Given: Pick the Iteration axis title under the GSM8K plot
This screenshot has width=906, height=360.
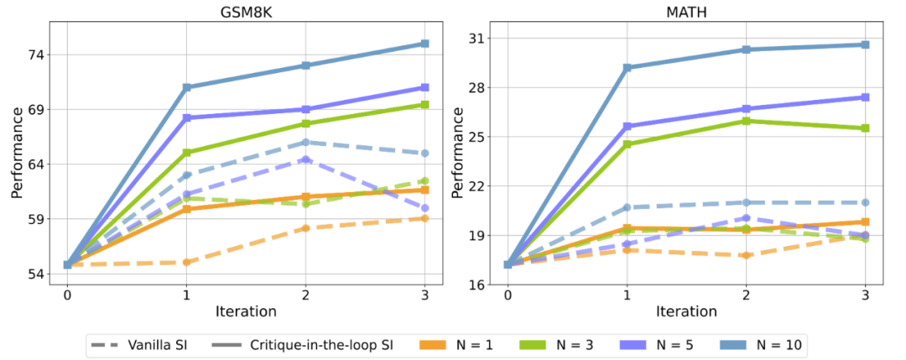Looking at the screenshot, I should point(246,311).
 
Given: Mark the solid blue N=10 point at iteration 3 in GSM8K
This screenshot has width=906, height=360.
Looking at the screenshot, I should point(425,44).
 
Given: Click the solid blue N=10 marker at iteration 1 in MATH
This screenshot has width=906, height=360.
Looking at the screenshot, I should point(627,68).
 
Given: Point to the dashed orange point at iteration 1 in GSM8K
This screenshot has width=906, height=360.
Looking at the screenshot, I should point(186,263).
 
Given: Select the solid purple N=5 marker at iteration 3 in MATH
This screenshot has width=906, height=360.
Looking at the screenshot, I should point(866,97).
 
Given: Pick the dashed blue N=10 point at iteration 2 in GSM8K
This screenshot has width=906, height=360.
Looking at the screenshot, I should point(306,143).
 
